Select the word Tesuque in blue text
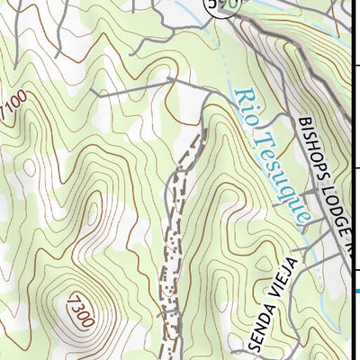283,179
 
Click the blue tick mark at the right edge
356,290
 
